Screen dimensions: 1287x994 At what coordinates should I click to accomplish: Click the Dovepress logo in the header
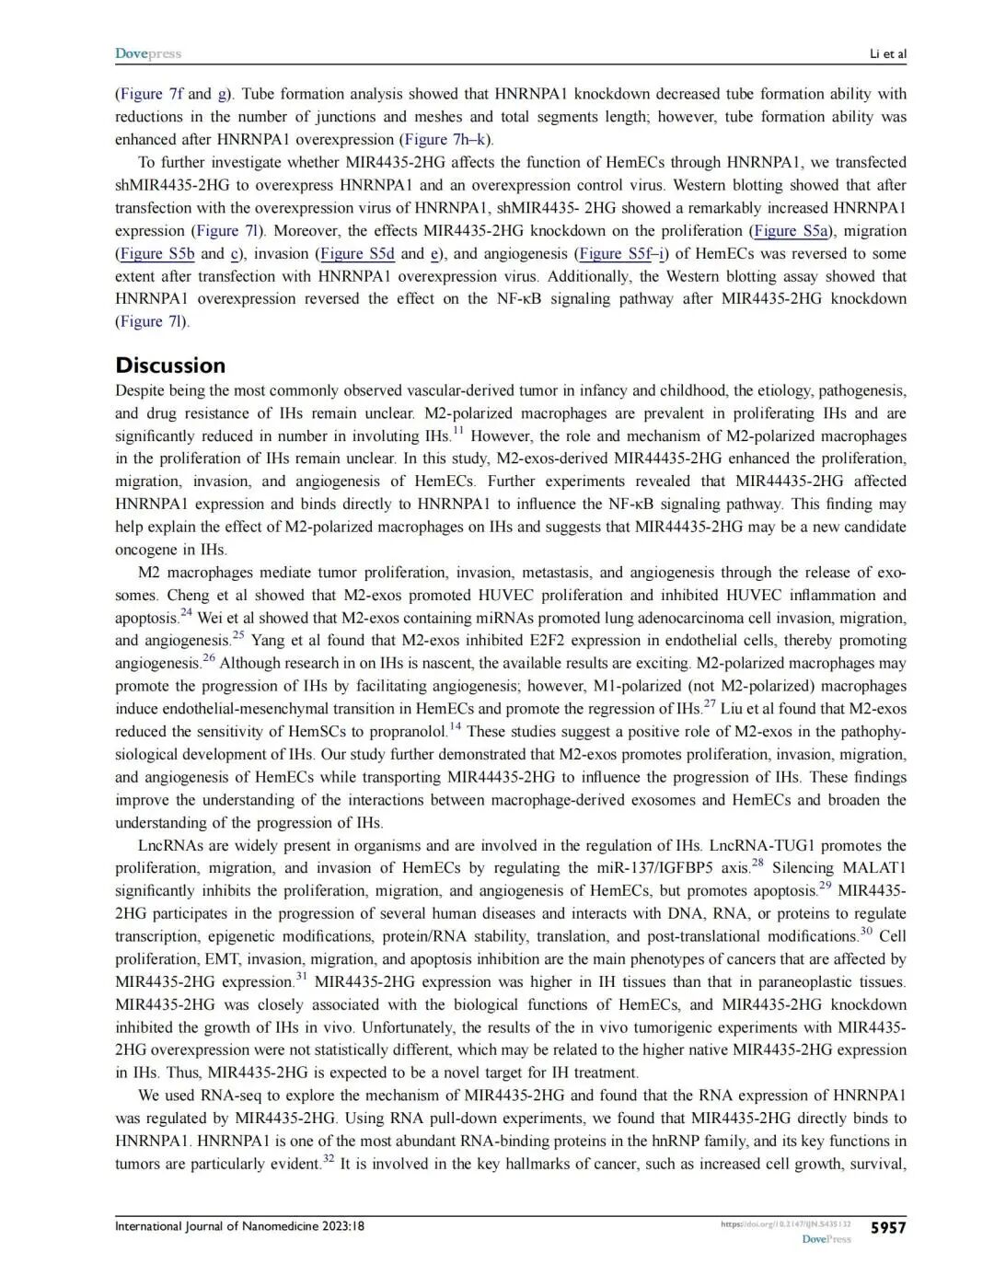pos(148,53)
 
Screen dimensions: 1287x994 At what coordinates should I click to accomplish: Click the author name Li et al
pos(887,53)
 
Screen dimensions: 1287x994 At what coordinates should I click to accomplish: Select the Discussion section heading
pos(170,365)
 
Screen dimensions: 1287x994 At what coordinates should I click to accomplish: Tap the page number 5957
pos(887,1227)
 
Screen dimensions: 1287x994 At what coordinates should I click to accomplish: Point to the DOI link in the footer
pos(785,1224)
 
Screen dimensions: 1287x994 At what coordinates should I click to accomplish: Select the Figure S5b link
pos(156,253)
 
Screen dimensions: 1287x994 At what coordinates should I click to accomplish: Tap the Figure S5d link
pos(357,253)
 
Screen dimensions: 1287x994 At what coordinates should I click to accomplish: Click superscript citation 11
pos(458,430)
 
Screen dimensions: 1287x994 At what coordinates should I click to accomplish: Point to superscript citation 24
pos(186,612)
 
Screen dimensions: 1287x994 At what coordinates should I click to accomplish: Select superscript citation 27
pos(710,703)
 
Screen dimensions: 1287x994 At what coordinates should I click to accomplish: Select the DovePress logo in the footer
pos(826,1240)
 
